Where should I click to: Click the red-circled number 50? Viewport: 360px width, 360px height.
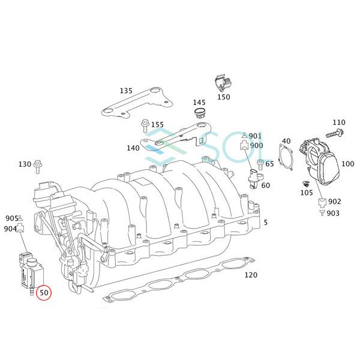click(x=44, y=293)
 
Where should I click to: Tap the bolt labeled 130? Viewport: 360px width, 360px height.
click(x=37, y=167)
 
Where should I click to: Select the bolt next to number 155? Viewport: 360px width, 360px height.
click(x=145, y=126)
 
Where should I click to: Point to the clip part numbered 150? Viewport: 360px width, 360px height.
click(x=223, y=83)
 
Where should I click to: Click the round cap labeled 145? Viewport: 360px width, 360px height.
click(x=199, y=113)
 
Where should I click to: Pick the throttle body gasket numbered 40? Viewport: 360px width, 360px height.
click(x=286, y=157)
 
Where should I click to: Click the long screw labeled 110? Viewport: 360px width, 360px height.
click(x=335, y=133)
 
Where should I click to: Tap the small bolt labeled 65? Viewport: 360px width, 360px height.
click(x=260, y=164)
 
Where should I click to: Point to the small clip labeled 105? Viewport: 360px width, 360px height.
click(x=306, y=184)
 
